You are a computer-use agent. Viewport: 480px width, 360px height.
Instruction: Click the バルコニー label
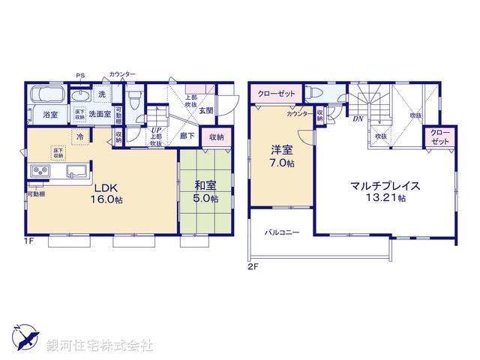[x=281, y=232]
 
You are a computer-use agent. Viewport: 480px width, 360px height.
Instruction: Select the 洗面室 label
[x=100, y=114]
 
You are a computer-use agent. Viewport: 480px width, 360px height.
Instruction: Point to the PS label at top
[x=80, y=75]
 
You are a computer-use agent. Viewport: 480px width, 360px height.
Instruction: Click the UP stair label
[x=156, y=131]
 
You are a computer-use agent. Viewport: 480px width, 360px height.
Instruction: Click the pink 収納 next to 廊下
[x=216, y=136]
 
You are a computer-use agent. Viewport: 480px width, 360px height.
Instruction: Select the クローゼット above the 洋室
[x=275, y=94]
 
